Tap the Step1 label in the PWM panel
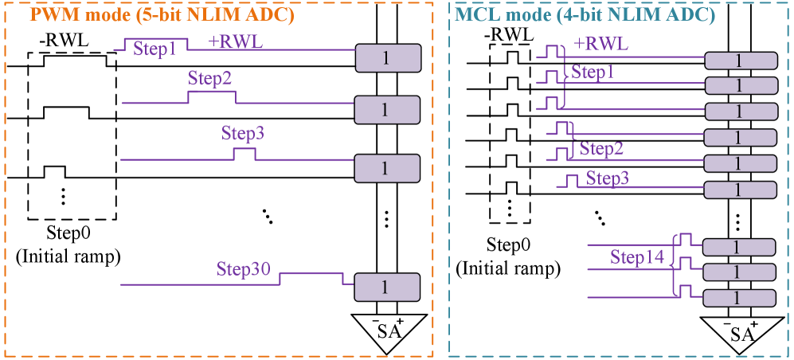click(x=154, y=49)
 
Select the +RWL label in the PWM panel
click(x=236, y=42)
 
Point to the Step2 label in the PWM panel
click(x=210, y=79)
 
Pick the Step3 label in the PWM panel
click(x=243, y=134)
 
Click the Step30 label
click(x=244, y=268)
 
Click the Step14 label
click(x=637, y=257)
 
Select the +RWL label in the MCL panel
click(x=600, y=44)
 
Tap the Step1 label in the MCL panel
click(x=593, y=72)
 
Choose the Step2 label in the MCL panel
click(x=601, y=148)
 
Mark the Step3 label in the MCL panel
click(x=608, y=178)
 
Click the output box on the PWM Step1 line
click(x=387, y=58)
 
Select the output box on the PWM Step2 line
click(x=387, y=110)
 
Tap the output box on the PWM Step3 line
click(x=387, y=168)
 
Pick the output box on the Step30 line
click(x=387, y=288)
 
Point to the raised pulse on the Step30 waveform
click(x=311, y=273)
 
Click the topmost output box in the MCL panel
click(x=740, y=61)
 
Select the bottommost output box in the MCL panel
click(x=738, y=298)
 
